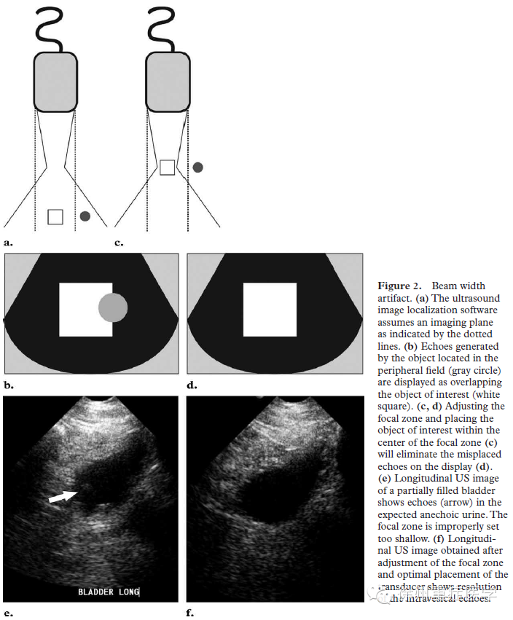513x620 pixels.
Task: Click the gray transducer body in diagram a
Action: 55,82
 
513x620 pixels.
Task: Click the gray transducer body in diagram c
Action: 168,82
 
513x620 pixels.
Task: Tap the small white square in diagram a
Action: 55,216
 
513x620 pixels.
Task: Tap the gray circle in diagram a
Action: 85,216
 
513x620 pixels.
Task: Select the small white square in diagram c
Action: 167,168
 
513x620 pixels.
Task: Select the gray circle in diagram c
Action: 197,167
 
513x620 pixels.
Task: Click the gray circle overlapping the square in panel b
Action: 113,308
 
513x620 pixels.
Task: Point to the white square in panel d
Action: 270,310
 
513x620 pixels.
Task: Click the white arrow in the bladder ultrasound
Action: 63,497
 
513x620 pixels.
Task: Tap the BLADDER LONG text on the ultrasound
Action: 109,592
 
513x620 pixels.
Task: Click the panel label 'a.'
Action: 8,240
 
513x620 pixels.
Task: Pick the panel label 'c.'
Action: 119,240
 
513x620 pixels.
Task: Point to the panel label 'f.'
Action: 190,613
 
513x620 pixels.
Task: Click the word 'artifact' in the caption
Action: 394,298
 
